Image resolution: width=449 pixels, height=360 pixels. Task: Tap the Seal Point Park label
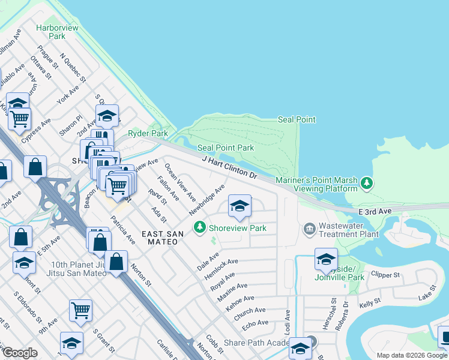(x=226, y=148)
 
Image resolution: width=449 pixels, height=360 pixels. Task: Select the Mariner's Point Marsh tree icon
(x=366, y=182)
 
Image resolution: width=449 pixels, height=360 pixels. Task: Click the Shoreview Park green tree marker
(x=199, y=228)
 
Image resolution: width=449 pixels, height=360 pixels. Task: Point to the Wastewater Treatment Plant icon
(x=309, y=228)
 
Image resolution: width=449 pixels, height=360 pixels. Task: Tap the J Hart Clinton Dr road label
(x=230, y=167)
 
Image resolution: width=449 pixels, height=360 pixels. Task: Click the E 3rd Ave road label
(x=375, y=212)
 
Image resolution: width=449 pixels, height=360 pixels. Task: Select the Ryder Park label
(x=148, y=133)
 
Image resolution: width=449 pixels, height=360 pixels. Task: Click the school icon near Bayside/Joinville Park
(x=325, y=259)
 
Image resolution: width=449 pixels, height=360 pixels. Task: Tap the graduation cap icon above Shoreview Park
(x=239, y=207)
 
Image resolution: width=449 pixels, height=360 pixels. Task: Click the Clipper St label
(x=385, y=275)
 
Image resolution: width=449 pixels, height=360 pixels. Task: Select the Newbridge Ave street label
(x=206, y=200)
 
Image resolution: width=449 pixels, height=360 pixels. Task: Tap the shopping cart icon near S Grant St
(x=80, y=310)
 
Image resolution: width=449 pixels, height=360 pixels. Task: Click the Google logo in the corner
(x=20, y=353)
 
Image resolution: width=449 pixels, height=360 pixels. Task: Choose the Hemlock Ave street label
(x=221, y=269)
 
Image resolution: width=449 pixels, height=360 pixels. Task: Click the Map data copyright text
(x=412, y=355)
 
